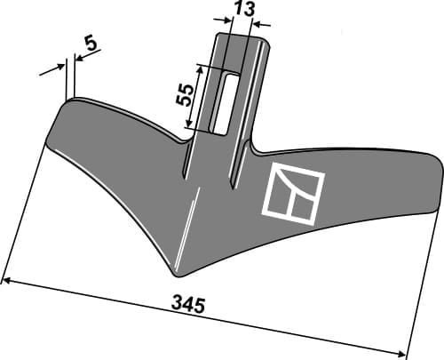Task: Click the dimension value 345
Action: (x=189, y=305)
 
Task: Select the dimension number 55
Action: (x=186, y=96)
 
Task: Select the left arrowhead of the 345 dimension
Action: (x=7, y=281)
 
